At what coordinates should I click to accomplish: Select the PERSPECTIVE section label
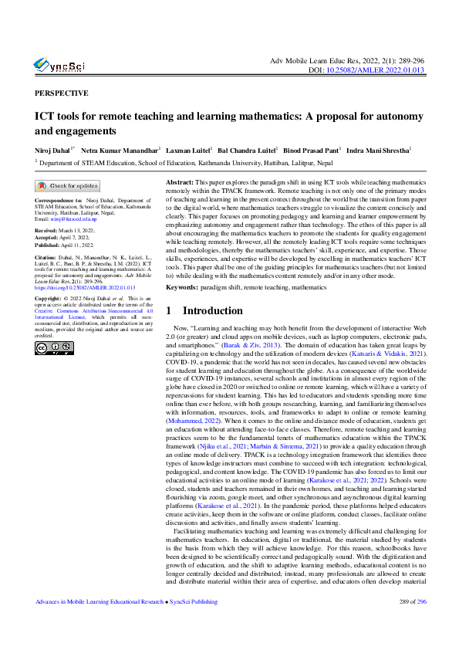61,93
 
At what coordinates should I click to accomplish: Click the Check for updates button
67,186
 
